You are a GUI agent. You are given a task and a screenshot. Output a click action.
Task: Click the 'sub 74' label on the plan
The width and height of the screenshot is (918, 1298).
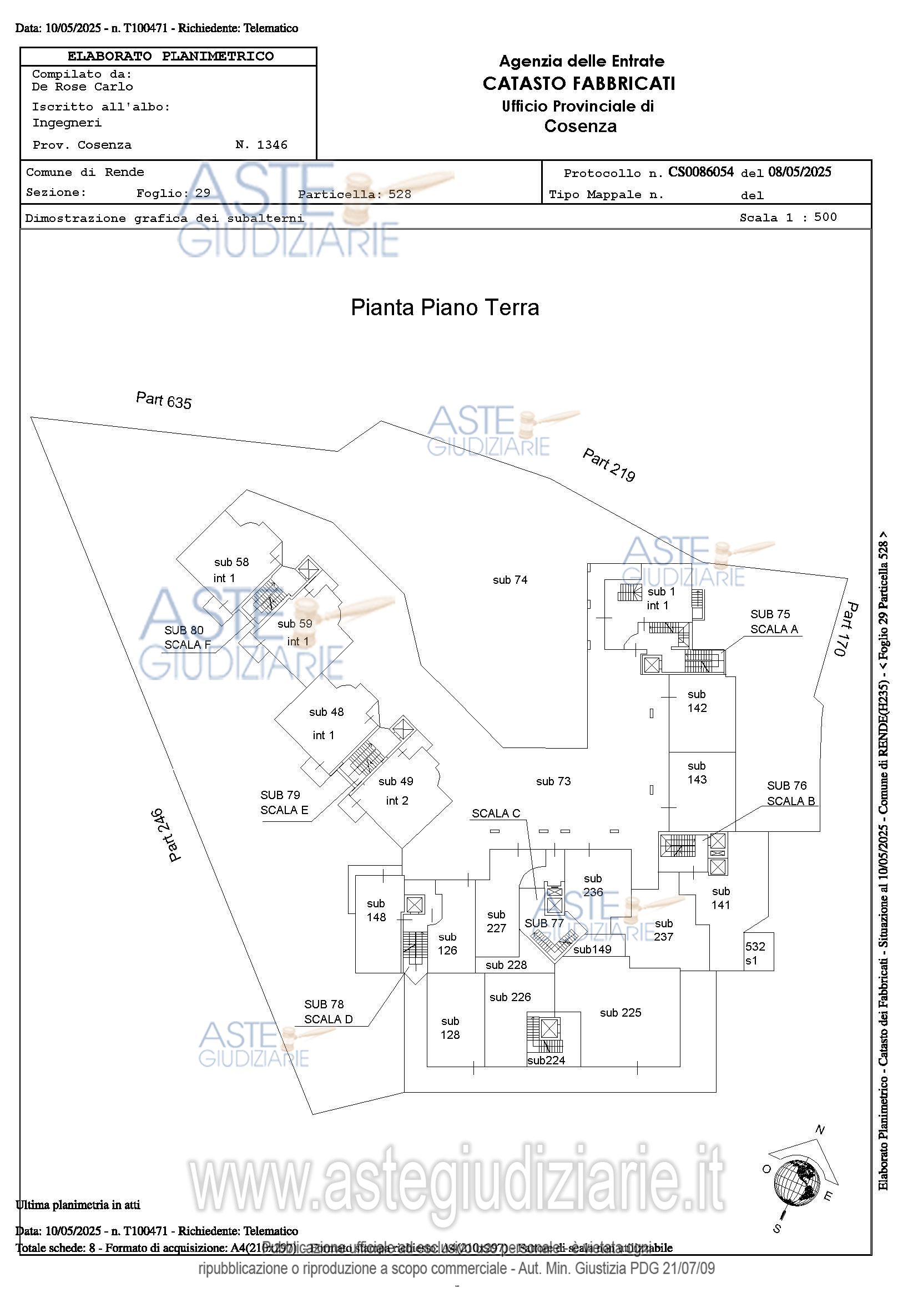[x=510, y=580]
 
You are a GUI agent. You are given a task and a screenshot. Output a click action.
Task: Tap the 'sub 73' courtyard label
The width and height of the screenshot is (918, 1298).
[x=553, y=781]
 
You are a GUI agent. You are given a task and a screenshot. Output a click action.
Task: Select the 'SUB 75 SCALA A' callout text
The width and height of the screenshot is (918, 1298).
[x=774, y=622]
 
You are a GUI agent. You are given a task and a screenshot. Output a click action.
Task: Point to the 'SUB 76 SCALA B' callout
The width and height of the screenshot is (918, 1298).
[x=790, y=793]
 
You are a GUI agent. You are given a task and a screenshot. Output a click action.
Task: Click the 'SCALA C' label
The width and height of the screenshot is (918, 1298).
[x=496, y=814]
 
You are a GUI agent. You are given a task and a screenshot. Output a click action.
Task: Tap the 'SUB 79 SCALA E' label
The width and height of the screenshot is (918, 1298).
[x=284, y=802]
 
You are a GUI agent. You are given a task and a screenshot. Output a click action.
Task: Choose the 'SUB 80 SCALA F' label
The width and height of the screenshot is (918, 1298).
[x=187, y=637]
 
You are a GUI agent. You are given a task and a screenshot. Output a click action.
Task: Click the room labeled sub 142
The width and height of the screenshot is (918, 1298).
[x=697, y=701]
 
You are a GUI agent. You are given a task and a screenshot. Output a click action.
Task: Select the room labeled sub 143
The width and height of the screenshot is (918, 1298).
[x=697, y=773]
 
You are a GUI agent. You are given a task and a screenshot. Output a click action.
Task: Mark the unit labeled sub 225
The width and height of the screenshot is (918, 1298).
[x=620, y=1013]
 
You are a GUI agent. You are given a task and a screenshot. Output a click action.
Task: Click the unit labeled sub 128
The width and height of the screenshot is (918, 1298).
[x=450, y=1028]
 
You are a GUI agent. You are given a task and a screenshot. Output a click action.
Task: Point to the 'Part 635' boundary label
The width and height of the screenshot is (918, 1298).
[x=163, y=400]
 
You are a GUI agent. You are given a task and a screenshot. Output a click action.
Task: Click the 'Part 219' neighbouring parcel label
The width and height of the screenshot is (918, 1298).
[x=609, y=464]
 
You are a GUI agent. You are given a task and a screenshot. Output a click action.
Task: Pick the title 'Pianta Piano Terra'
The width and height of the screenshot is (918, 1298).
[x=445, y=307]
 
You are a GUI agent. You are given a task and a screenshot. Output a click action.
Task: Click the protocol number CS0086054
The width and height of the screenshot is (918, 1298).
[x=700, y=172]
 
